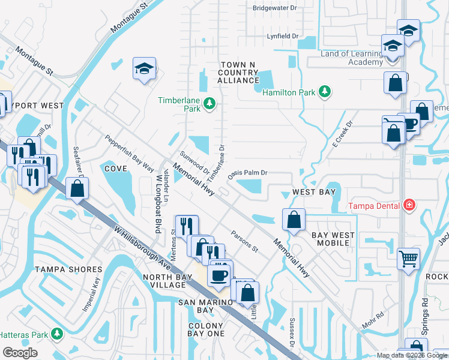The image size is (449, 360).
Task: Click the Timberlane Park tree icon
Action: (209, 104)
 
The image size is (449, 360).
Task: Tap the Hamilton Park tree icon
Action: (325, 91)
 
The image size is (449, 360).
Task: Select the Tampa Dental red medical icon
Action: (409, 206)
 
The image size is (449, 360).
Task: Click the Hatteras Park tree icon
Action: (57, 333)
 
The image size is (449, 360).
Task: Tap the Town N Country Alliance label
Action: (238, 72)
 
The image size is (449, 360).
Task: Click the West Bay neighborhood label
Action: (313, 192)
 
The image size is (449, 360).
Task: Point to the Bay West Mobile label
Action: (333, 239)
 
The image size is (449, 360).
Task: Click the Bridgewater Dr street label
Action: (274, 8)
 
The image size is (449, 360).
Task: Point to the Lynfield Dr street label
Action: (282, 37)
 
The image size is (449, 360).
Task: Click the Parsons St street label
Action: (244, 241)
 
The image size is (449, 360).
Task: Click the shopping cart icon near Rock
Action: (408, 259)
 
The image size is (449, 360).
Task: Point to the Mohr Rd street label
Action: (372, 321)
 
